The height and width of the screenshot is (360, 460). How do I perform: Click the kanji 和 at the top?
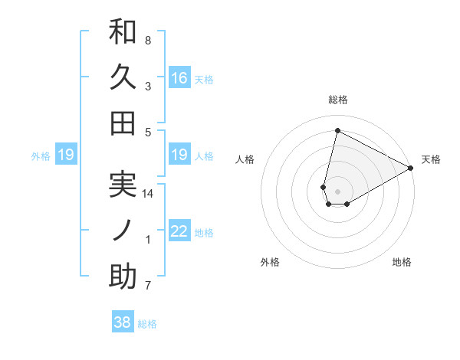tap(123, 33)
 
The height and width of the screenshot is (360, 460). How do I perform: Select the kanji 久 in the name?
tap(123, 78)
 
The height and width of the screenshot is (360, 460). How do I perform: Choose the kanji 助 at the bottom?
tap(123, 277)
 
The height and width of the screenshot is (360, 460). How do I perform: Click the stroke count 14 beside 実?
tap(148, 195)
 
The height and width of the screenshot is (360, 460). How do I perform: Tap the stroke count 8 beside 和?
tap(148, 41)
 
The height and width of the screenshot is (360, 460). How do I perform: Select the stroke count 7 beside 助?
tap(148, 286)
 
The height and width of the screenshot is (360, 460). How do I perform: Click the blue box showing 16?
tap(179, 78)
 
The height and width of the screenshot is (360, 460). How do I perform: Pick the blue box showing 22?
tap(179, 231)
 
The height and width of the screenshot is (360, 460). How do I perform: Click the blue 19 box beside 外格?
tap(65, 155)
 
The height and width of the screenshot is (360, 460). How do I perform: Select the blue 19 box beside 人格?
tap(179, 155)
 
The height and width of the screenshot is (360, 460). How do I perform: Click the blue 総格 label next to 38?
tap(147, 324)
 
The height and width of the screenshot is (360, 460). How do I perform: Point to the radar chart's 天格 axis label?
tap(431, 159)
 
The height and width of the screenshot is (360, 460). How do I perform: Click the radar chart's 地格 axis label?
tap(402, 263)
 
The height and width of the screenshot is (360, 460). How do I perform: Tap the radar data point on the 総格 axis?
tap(337, 130)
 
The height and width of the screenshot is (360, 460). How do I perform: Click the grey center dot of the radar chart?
tap(337, 190)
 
